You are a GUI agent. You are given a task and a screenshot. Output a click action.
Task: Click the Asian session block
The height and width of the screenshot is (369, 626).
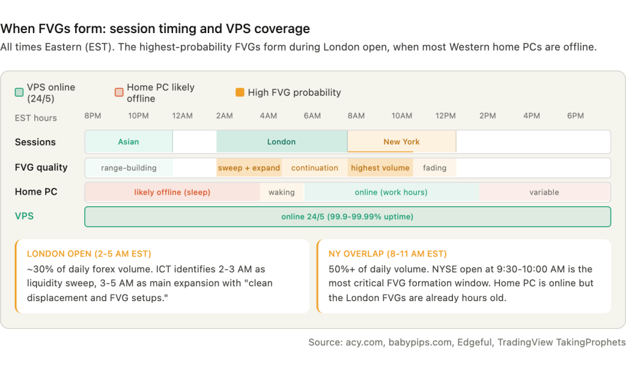tap(128, 141)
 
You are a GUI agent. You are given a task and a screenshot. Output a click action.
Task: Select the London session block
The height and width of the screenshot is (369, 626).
tap(281, 141)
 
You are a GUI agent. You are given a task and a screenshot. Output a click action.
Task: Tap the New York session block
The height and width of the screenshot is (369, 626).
tap(402, 141)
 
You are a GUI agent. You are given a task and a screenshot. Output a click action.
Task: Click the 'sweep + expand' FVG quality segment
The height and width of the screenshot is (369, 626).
tap(249, 168)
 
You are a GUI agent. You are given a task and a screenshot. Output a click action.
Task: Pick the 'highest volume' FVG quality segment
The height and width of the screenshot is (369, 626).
tap(380, 168)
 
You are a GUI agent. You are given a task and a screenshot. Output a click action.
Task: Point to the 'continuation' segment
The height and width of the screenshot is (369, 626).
tap(315, 168)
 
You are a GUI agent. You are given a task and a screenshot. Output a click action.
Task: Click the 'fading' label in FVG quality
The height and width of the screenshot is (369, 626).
tap(435, 168)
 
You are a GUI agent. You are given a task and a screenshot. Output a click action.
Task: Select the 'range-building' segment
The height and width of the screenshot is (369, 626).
tap(128, 168)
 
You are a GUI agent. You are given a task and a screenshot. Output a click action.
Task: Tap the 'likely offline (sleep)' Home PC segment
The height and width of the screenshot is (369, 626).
tap(172, 192)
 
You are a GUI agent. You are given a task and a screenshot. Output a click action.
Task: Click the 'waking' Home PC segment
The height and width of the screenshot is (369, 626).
tap(281, 192)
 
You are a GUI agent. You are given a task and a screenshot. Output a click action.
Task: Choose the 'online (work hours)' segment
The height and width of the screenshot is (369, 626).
tap(391, 192)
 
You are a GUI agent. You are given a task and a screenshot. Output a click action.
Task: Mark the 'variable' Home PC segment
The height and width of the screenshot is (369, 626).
tap(544, 192)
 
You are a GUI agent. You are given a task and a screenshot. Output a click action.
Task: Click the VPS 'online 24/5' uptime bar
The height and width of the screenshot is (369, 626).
tap(347, 217)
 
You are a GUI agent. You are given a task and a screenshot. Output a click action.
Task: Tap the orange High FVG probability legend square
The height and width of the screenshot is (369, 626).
tap(240, 92)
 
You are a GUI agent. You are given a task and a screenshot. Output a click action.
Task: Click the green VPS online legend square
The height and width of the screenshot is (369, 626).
tap(19, 92)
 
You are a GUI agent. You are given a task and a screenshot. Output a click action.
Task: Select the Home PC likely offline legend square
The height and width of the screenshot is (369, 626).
tap(119, 92)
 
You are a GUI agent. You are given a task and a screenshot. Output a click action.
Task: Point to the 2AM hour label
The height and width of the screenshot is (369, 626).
tap(224, 116)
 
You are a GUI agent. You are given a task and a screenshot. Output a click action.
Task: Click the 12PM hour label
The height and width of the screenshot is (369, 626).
tap(446, 116)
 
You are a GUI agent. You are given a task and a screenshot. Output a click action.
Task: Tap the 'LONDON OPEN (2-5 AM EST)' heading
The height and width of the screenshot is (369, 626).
tap(89, 254)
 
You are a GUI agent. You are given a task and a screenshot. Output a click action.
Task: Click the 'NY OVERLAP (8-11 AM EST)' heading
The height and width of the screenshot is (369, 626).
tap(388, 254)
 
